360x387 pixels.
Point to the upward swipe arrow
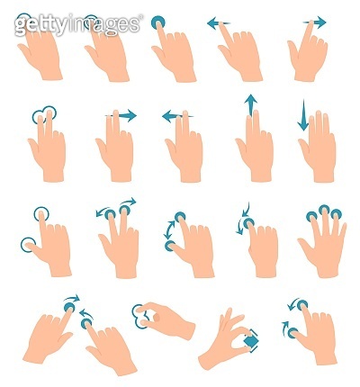[x=250, y=104]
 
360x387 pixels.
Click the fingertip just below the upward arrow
[x=251, y=121]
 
